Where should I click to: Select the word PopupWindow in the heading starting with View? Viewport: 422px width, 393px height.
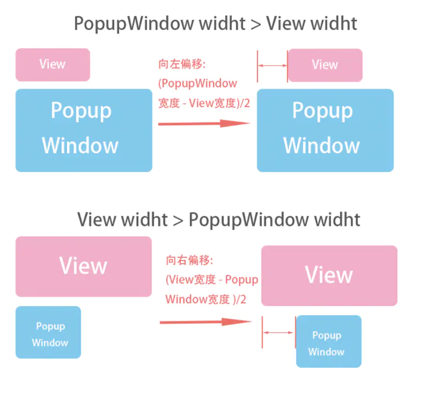tap(248, 220)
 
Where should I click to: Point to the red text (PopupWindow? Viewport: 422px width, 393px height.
tap(197, 83)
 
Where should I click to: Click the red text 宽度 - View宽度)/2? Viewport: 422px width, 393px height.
tap(204, 102)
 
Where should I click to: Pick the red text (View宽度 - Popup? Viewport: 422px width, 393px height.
tap(212, 280)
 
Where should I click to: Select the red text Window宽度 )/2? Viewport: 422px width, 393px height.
tap(206, 299)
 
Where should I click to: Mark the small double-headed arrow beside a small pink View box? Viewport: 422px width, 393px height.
tap(272, 65)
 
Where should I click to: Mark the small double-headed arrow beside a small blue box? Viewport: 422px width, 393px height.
tap(279, 332)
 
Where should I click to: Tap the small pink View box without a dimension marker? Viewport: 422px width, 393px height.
tap(53, 65)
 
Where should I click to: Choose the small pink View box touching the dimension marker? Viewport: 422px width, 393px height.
tap(325, 65)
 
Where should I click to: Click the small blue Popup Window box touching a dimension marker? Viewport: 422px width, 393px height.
tap(328, 342)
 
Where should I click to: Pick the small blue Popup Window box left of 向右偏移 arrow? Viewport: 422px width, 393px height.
tap(48, 332)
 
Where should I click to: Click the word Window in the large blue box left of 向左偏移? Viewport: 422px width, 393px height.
tap(80, 146)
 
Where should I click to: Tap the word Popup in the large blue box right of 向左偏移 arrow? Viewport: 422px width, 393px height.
tap(322, 111)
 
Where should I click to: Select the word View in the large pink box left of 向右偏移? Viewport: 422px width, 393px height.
tap(83, 266)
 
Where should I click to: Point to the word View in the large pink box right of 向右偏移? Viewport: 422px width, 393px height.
tap(329, 275)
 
